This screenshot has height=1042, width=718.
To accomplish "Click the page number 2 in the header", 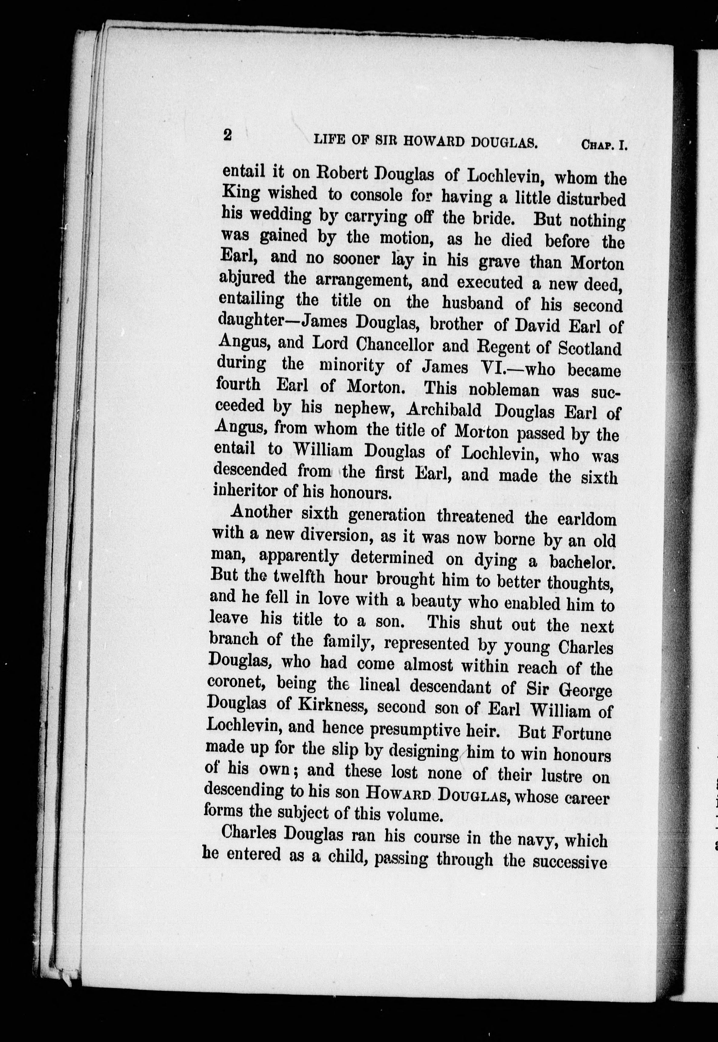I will [x=228, y=135].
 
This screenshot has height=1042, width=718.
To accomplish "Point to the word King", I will [x=241, y=193].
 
